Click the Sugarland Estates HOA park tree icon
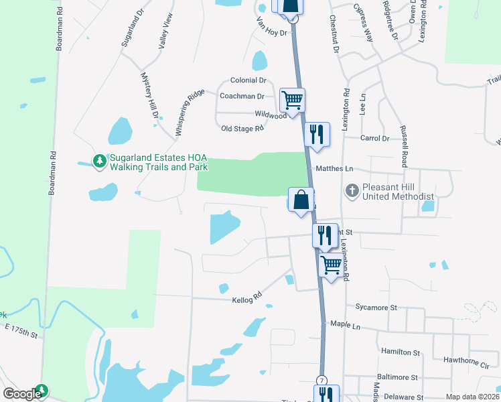(100, 161)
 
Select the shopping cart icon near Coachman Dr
(292, 100)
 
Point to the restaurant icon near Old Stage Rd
(317, 134)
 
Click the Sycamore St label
(376, 308)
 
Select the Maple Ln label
(346, 324)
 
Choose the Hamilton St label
(400, 352)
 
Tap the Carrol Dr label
(374, 139)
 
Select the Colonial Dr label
(248, 80)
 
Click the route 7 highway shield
(323, 380)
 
